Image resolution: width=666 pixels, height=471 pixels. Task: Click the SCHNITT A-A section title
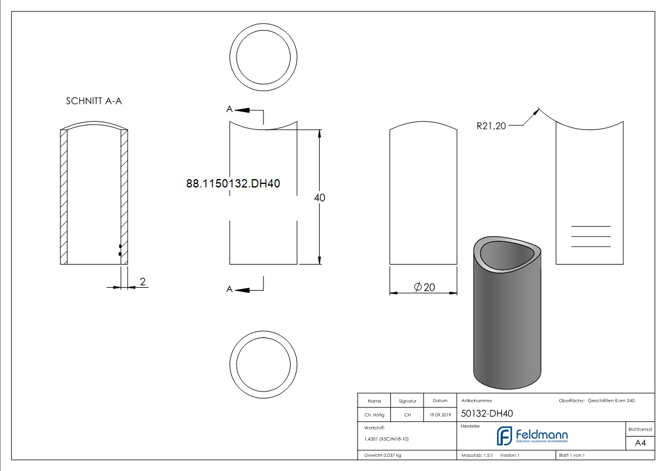pos(94,101)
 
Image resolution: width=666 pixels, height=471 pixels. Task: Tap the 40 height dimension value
pos(320,198)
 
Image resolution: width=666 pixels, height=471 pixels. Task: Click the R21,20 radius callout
pos(491,125)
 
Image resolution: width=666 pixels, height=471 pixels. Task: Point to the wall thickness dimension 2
pos(142,281)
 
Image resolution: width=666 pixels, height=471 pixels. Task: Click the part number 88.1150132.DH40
pos(233,184)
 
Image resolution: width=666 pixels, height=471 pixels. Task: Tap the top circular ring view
pos(263,58)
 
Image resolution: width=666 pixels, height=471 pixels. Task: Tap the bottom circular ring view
pos(263,364)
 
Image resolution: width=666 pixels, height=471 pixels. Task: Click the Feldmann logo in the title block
pos(532,436)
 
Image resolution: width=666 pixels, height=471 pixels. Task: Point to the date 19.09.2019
pos(439,415)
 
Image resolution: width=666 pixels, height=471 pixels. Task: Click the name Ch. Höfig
pos(374,415)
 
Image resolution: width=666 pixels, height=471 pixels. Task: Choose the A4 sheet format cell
pos(640,443)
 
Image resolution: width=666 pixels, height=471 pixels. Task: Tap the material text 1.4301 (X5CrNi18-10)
pos(386,439)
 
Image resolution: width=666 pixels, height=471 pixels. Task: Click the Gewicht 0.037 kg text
pos(383,455)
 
